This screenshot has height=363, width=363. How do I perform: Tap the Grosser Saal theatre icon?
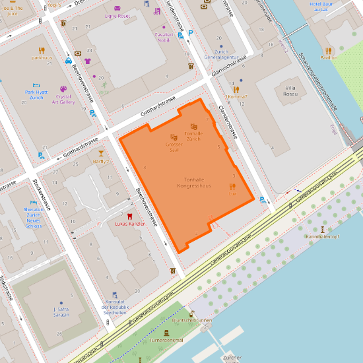coord(175,137)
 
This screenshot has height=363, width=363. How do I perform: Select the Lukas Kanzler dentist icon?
coord(129,216)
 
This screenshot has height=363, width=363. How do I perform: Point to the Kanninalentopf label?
coord(322,236)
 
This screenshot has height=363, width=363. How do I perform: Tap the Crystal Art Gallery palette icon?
coord(63,88)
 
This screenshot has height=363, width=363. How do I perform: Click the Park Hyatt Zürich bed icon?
coord(37,85)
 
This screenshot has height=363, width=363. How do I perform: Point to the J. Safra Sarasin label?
coord(61,312)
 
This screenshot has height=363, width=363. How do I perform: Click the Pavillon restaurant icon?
coord(328,50)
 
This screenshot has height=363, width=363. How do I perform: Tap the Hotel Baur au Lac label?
coord(324,7)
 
